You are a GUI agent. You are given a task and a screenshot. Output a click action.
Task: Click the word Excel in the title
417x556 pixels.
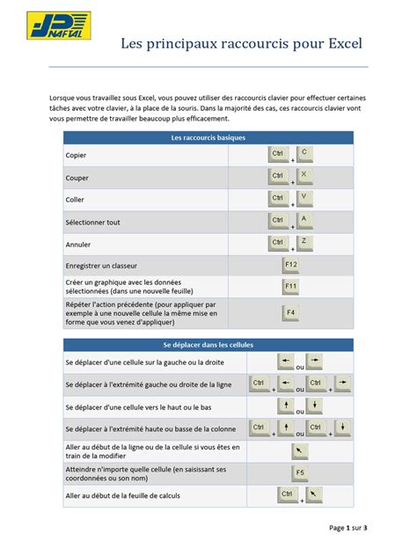click(341, 42)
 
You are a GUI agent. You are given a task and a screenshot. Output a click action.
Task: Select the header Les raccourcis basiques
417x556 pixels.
click(208, 138)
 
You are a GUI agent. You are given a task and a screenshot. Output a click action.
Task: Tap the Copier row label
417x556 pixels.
click(76, 156)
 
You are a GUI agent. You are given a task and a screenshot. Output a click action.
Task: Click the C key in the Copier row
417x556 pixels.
click(304, 153)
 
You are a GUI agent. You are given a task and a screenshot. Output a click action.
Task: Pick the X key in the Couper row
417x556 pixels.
click(304, 175)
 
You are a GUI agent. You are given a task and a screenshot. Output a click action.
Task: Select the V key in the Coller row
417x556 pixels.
click(304, 197)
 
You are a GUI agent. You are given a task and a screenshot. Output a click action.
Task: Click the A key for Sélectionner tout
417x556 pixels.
click(304, 218)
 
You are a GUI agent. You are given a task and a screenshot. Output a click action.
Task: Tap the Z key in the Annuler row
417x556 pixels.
click(304, 240)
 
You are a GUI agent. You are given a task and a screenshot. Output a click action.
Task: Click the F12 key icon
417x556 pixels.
click(291, 265)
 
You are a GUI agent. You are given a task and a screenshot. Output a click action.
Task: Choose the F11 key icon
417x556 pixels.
click(291, 287)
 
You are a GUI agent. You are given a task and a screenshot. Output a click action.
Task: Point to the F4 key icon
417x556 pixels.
click(291, 312)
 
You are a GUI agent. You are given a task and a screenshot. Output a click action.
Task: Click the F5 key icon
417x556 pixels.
click(299, 473)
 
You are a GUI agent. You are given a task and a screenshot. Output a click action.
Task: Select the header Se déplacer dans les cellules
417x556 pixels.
click(208, 344)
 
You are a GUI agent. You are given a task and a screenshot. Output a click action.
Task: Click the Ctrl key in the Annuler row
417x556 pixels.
click(278, 243)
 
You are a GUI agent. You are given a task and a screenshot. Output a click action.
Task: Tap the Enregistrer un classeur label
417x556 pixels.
click(101, 265)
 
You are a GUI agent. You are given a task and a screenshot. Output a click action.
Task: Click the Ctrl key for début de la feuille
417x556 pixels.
click(287, 495)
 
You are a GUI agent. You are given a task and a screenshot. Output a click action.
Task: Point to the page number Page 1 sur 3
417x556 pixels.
click(348, 528)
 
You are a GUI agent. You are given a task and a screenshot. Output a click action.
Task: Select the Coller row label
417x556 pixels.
click(75, 200)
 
